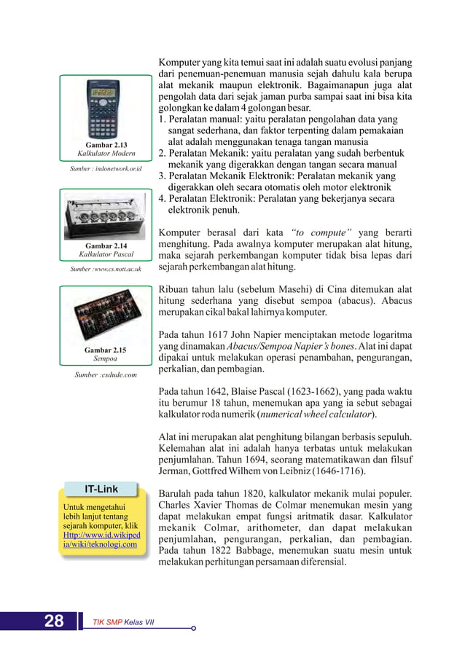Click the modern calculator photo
coord(102,109)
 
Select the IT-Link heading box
coord(101,489)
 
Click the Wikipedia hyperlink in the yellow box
coord(101,538)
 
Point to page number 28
coord(54,621)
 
